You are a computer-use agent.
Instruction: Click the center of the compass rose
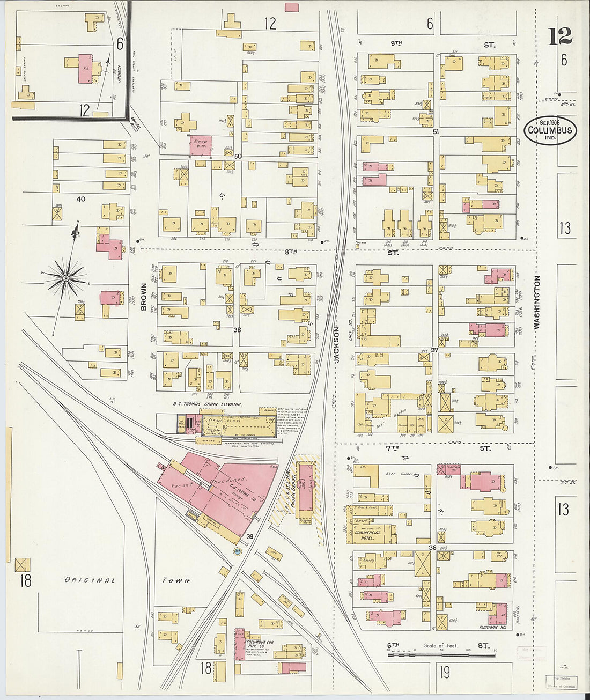tap(65, 278)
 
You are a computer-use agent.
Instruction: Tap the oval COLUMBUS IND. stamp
tap(550, 130)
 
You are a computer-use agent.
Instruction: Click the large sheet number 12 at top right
tap(560, 36)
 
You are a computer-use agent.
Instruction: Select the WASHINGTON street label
tap(537, 302)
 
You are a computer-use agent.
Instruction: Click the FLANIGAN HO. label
tap(493, 627)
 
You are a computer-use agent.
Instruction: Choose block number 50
tap(238, 156)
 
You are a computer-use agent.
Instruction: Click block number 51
tap(436, 131)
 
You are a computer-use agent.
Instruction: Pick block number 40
tap(80, 199)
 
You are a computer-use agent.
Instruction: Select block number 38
tap(237, 330)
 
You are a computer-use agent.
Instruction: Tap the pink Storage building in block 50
tap(200, 145)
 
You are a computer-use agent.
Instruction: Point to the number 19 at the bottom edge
tap(445, 672)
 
